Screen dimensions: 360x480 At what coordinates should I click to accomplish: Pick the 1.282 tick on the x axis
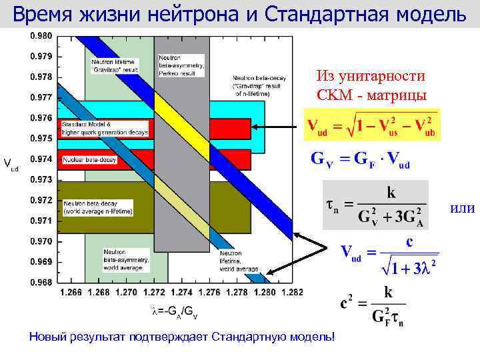click(293, 292)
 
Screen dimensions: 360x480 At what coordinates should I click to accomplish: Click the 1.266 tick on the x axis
click(71, 292)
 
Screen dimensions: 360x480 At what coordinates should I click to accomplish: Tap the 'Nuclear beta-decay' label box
click(89, 160)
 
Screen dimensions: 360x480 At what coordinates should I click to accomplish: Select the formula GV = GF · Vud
click(361, 160)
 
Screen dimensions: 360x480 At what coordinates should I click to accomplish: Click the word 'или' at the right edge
click(462, 209)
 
